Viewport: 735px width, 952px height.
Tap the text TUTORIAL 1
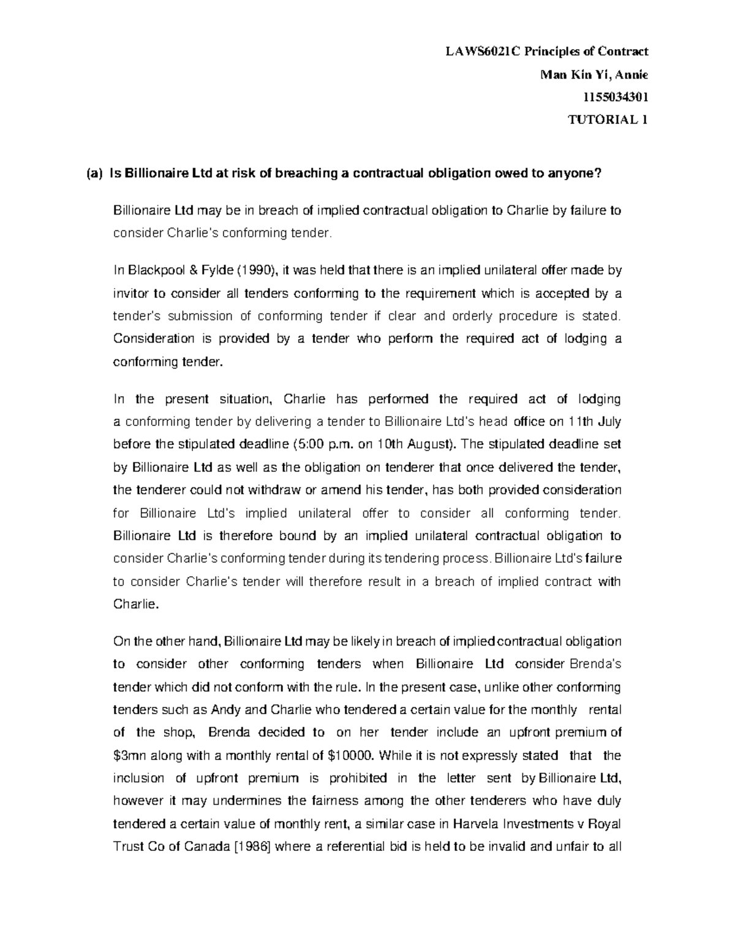click(x=608, y=120)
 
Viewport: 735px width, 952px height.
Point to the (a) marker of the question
click(x=94, y=174)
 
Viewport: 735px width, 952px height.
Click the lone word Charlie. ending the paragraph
click(x=136, y=604)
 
